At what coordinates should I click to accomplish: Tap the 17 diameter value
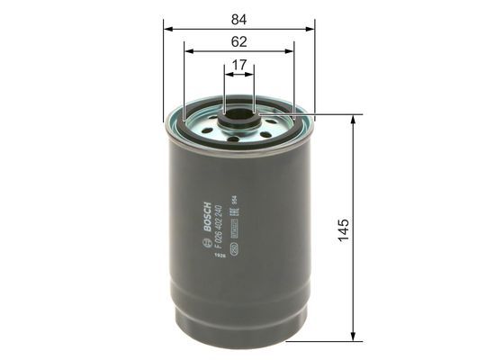pos(238,65)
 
